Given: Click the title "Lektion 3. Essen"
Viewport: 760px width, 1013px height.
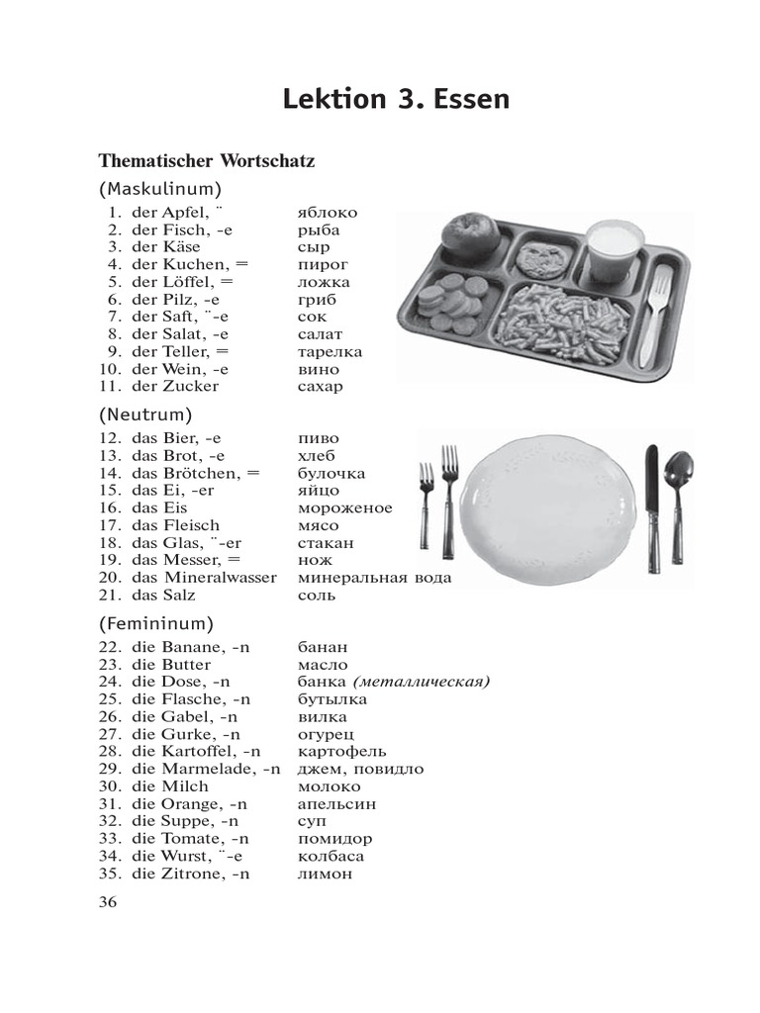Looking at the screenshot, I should coord(396,99).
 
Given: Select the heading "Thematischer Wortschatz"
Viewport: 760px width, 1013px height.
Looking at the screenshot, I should coord(206,159).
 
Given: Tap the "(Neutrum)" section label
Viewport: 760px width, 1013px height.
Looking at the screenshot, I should coord(145,414).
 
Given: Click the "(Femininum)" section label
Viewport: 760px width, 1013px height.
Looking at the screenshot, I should coord(156,623).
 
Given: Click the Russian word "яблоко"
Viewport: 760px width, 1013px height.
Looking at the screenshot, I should coord(328,212).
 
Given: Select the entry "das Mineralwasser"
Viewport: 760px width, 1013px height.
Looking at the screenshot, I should coord(204,577).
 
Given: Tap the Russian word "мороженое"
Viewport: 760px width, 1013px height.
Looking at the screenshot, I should coord(344,507).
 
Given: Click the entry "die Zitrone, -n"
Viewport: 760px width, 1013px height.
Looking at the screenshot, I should coord(191,874).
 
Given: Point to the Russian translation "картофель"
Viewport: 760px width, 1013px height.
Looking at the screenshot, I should coord(341,751).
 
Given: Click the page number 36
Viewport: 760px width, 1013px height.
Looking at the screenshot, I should coord(108,901).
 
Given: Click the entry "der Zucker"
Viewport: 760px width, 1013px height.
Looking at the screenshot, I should coord(175,386).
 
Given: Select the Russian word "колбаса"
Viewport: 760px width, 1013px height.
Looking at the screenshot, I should coord(331,856).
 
